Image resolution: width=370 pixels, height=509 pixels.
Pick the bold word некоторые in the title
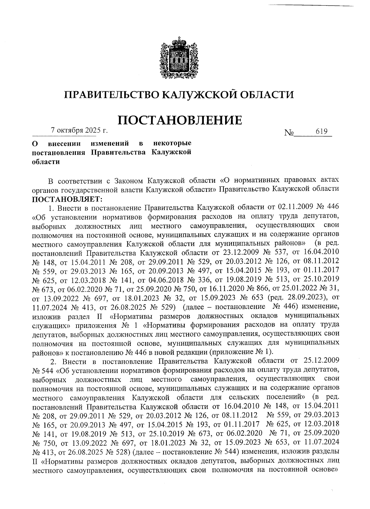pyautogui.click(x=172, y=143)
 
